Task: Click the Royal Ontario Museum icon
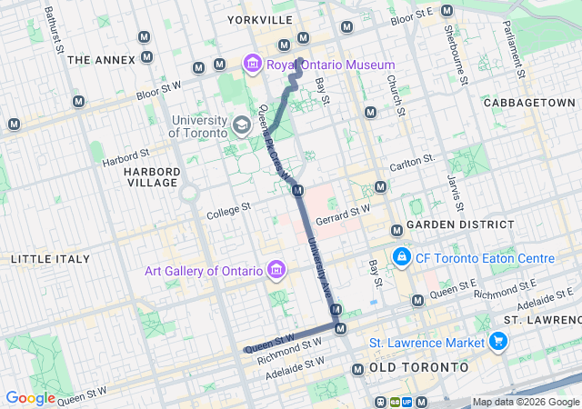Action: pos(251,65)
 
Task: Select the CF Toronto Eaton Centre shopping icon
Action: pos(401,258)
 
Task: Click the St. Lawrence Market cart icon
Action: pos(497,342)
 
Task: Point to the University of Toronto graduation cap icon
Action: pos(242,125)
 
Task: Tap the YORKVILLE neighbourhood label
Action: pos(260,19)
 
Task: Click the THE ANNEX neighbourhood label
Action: pos(101,60)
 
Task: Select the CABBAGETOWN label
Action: pos(529,103)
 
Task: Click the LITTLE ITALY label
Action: pos(50,259)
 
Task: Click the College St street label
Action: pos(228,210)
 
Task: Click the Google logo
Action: pos(30,398)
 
